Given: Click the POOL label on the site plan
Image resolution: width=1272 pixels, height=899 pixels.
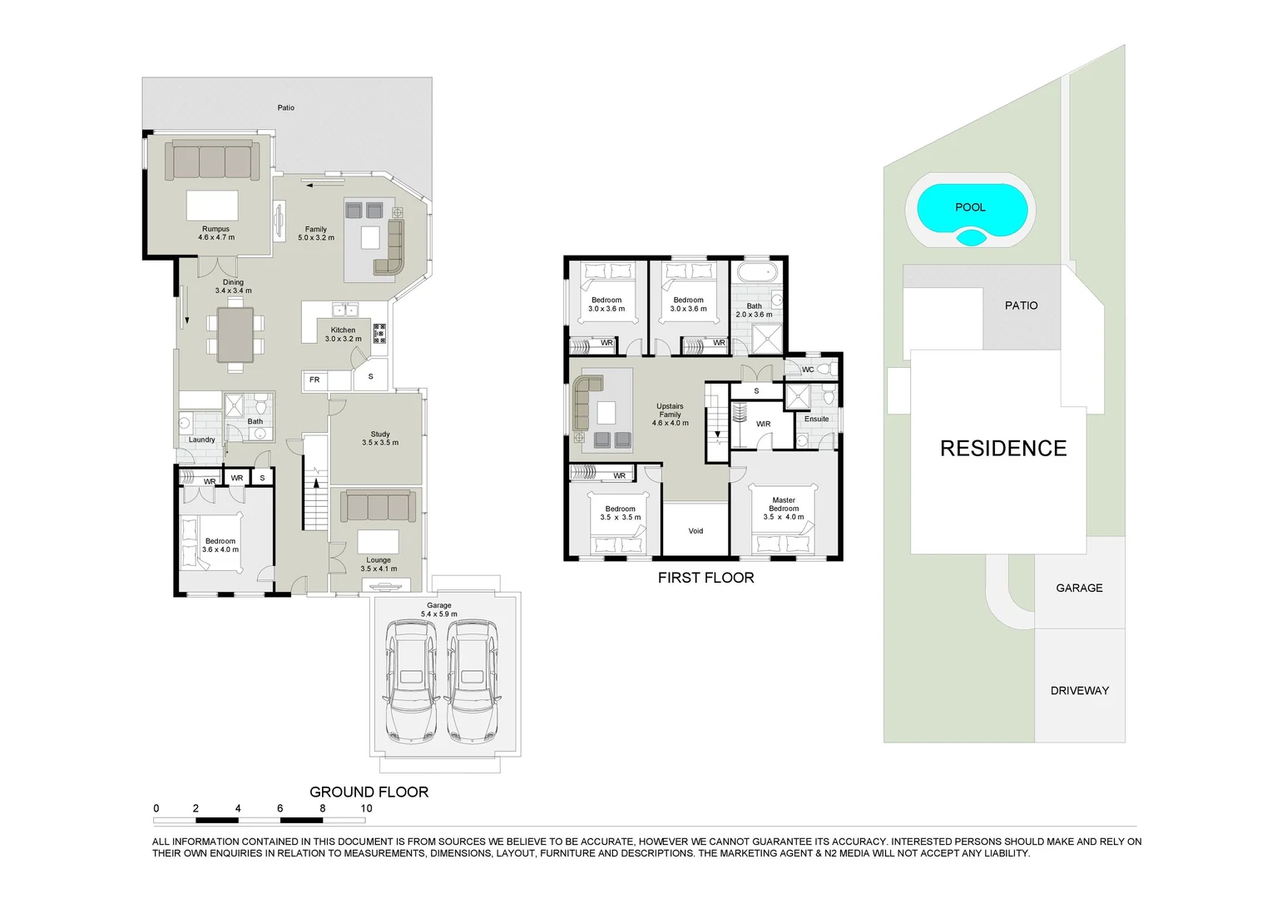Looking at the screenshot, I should (x=969, y=207).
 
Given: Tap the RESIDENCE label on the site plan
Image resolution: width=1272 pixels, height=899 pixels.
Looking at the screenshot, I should (x=1002, y=449).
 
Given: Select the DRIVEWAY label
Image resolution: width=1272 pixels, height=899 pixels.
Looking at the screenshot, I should (x=1079, y=690).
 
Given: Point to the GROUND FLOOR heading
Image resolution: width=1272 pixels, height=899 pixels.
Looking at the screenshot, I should (x=369, y=792).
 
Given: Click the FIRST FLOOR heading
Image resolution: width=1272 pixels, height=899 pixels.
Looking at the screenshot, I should (x=705, y=578).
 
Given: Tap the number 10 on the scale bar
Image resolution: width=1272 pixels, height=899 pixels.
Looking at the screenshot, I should (x=366, y=808).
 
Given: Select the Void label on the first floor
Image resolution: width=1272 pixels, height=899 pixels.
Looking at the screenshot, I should (x=695, y=531).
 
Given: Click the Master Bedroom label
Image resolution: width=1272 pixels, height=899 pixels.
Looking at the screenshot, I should (x=784, y=504).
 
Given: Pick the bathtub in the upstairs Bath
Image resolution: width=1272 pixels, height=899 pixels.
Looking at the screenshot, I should (x=756, y=274).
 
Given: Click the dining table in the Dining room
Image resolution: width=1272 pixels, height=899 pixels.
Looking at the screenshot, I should (x=235, y=335).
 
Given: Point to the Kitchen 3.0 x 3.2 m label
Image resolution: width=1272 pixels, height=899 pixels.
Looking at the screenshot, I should (x=343, y=335).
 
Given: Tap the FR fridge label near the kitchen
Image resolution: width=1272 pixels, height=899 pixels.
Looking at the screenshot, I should (x=314, y=380).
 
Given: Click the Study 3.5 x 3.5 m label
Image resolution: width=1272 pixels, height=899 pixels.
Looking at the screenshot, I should (x=380, y=438).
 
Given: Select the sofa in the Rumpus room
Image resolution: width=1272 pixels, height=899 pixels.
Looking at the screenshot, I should (x=212, y=161).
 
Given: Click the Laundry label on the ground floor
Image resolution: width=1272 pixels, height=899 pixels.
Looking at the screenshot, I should (x=201, y=440).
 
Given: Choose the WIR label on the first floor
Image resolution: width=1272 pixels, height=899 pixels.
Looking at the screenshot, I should (x=763, y=424).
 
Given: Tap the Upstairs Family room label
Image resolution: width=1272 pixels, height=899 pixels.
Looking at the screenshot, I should (x=670, y=415).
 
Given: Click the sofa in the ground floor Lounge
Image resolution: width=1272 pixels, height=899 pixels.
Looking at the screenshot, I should (x=379, y=506).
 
